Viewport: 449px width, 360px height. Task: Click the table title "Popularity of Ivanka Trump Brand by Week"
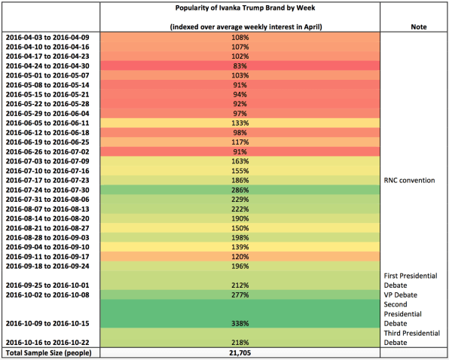[x=245, y=8]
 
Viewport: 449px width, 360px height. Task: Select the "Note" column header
[x=419, y=27]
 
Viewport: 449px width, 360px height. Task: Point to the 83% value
[x=240, y=66]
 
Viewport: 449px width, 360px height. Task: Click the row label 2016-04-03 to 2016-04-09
[x=47, y=38]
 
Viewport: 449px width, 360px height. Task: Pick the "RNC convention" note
[x=409, y=180]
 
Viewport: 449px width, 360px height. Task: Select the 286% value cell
[x=240, y=190]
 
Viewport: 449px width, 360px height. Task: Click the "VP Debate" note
[x=400, y=294]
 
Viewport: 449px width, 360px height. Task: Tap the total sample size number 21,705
[x=240, y=353]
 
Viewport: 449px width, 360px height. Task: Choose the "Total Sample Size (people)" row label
[x=49, y=353]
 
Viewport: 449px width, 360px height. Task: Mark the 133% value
[x=240, y=123]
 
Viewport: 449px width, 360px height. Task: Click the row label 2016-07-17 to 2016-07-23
[x=47, y=180]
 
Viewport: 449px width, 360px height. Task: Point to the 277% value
[x=240, y=294]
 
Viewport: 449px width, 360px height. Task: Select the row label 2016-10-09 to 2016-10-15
[x=47, y=323]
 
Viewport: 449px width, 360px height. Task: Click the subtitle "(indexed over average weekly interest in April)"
[x=246, y=27]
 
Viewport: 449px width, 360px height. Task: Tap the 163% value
[x=240, y=161]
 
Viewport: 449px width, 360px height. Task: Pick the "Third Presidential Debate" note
[x=412, y=337]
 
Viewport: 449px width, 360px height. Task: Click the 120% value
[x=240, y=257]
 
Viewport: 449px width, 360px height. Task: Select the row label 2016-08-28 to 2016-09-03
[x=47, y=237]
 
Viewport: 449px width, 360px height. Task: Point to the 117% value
[x=240, y=142]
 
